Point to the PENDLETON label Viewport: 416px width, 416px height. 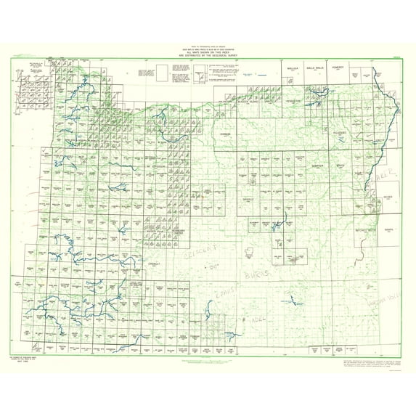(x=293, y=102)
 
